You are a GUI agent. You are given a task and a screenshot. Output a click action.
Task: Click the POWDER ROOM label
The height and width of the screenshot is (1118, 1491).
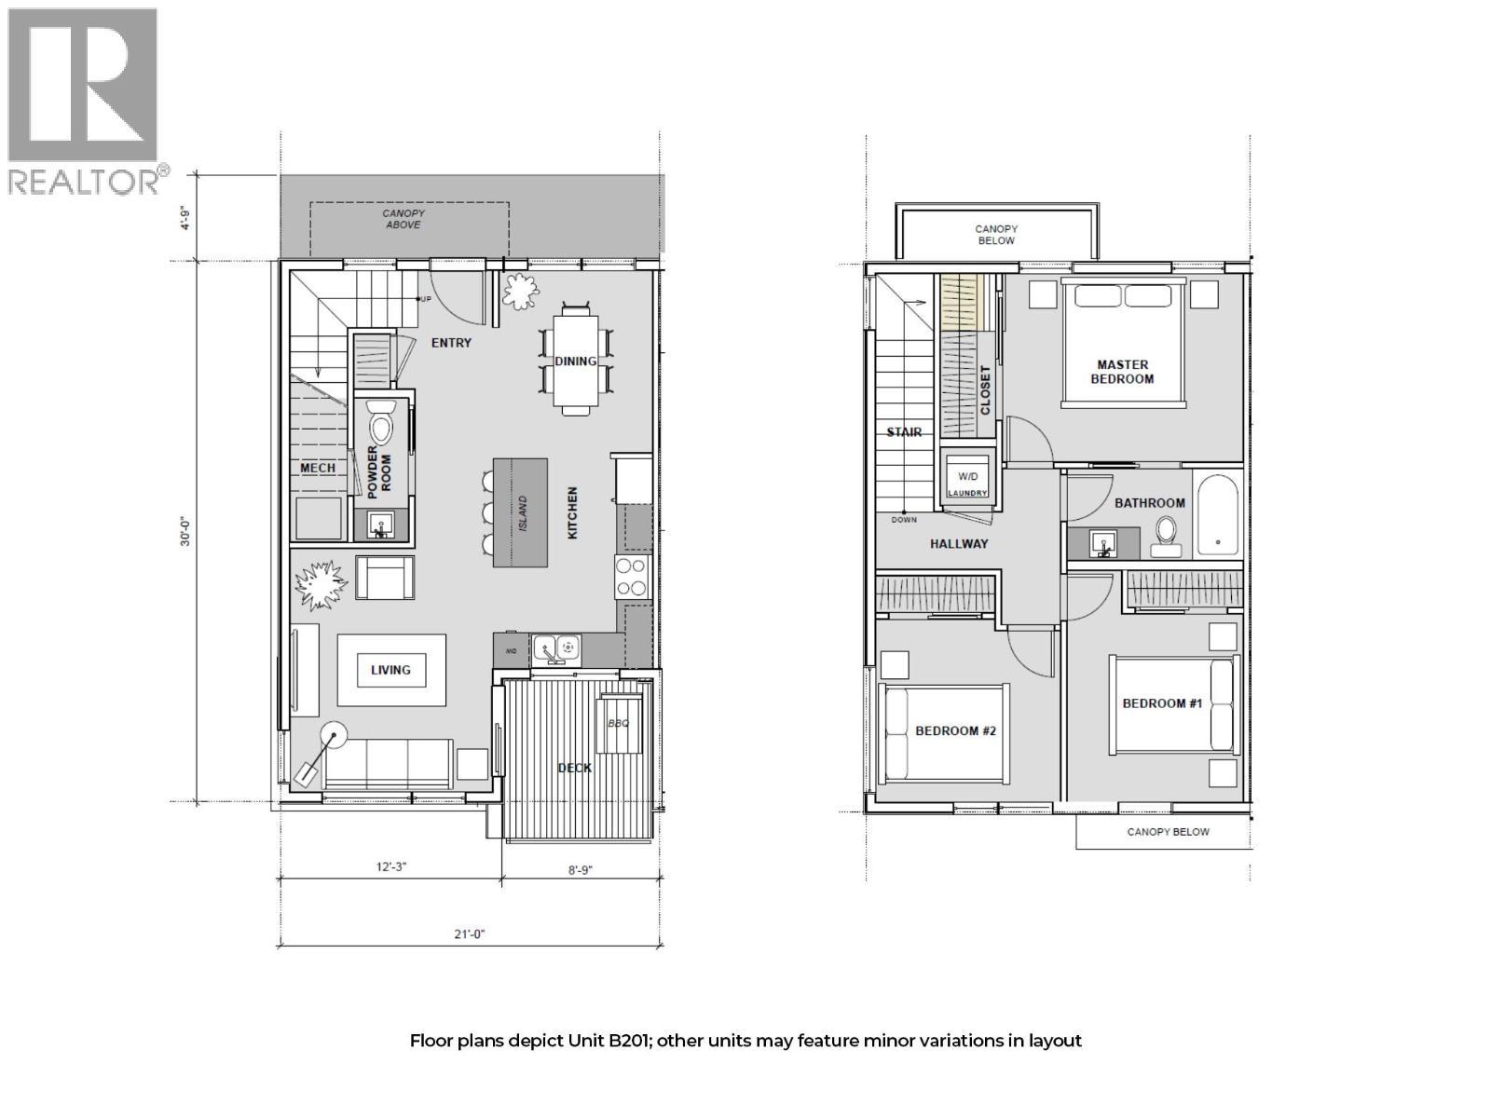[379, 471]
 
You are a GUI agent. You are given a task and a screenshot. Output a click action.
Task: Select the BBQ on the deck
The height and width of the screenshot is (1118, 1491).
[620, 724]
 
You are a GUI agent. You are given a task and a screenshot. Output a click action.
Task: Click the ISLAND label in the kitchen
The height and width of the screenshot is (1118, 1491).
[523, 513]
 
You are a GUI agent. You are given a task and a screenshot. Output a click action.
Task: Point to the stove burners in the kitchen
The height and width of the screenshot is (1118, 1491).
[631, 577]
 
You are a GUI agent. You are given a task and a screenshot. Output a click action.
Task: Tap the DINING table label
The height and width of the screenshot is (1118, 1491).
[575, 361]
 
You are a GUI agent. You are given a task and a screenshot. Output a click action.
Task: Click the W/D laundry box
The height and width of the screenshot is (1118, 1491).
[967, 476]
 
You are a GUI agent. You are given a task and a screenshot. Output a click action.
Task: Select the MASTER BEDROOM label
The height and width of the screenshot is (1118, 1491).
[1122, 372]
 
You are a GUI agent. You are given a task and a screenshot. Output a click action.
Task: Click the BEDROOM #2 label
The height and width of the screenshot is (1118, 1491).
[955, 730]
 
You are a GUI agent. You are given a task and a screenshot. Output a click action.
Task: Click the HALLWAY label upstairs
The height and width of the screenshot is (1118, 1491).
[958, 543]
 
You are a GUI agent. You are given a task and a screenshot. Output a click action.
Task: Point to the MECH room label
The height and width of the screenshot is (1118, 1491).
[318, 468]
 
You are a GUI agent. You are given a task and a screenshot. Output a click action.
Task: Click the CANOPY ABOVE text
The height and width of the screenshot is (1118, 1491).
[404, 219]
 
